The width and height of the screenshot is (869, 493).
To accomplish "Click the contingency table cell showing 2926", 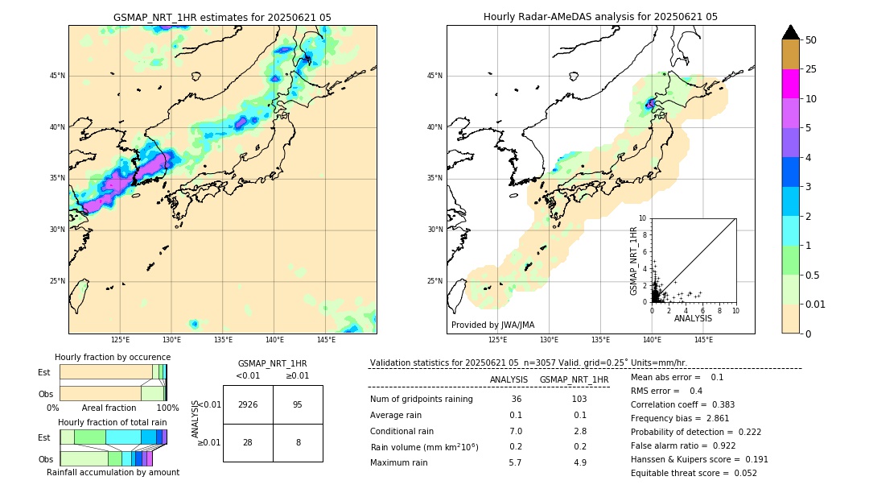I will point(248,404).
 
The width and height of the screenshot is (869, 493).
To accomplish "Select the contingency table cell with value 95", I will point(298,404).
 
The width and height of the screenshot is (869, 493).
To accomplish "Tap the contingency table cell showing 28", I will point(248,442).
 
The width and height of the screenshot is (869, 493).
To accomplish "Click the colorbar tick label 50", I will point(811,40).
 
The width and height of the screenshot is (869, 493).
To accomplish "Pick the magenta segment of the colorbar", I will point(790,84).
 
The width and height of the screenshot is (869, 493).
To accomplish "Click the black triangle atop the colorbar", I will point(790,31).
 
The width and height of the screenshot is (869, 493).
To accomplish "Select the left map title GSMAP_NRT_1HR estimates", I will point(222,17).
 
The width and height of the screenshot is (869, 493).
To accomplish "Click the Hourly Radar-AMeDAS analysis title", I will point(600,17).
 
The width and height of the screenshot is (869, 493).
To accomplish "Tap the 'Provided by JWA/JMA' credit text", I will point(492,325).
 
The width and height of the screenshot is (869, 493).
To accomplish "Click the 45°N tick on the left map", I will point(57,76).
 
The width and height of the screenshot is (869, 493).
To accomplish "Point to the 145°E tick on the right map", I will point(703,340).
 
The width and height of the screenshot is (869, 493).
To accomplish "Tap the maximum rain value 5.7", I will point(515,462).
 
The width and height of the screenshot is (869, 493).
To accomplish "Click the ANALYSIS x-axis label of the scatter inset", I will point(693,319).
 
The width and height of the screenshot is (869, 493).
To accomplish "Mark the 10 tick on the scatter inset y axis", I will point(643,218).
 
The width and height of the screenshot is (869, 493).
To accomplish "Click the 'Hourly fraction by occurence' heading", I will point(113,357).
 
